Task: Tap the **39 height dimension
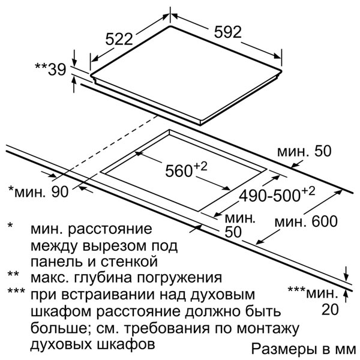49,70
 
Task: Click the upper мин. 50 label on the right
304,152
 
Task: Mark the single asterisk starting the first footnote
10,228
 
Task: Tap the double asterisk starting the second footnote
12,277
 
